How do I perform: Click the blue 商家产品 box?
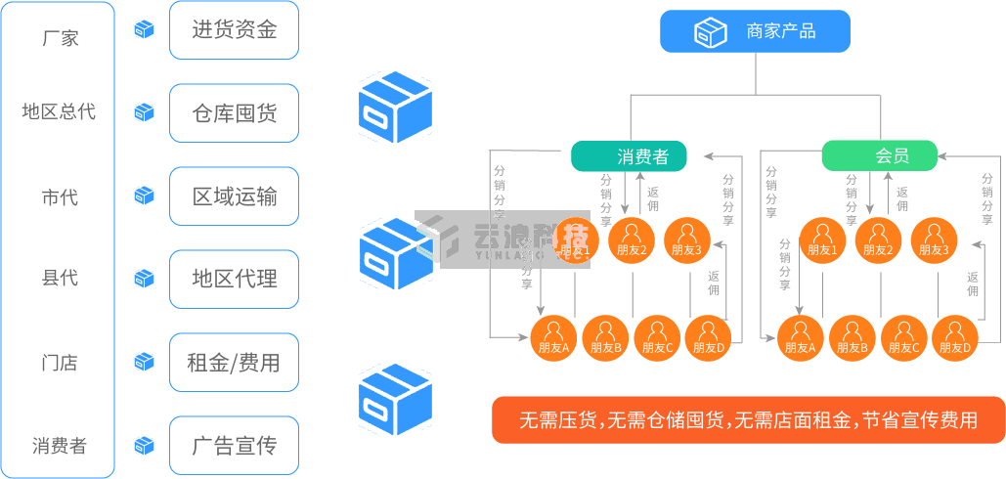(754, 31)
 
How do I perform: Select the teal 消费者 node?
(629, 155)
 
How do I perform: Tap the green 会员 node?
(879, 155)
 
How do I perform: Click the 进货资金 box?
(234, 29)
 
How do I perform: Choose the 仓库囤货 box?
(234, 113)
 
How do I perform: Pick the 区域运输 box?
(234, 196)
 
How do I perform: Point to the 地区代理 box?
(234, 280)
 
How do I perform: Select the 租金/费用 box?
(234, 363)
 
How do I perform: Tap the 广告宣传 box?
(234, 446)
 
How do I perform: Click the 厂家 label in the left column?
(61, 39)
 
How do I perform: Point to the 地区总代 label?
(59, 111)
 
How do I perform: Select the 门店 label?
(60, 363)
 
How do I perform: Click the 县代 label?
(60, 279)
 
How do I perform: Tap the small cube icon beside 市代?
(145, 196)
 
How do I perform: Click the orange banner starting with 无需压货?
(748, 420)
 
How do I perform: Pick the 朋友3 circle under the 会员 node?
(934, 240)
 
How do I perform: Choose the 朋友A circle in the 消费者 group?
(553, 338)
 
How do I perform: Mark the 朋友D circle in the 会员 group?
(955, 338)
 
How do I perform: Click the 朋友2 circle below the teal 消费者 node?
(631, 240)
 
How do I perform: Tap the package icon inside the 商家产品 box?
(710, 32)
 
